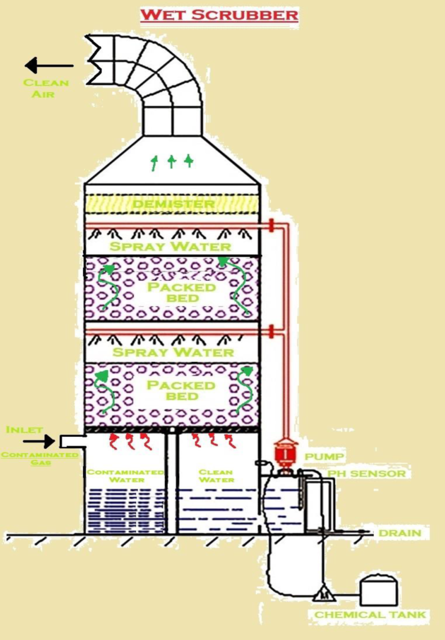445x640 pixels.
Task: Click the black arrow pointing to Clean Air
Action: click(x=49, y=65)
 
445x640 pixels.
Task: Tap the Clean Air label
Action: click(x=46, y=88)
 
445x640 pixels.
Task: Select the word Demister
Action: click(x=173, y=204)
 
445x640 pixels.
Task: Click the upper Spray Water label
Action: click(x=170, y=246)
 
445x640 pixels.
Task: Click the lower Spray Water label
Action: click(x=172, y=352)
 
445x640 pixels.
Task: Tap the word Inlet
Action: click(x=24, y=430)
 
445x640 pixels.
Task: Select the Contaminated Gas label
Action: click(x=40, y=458)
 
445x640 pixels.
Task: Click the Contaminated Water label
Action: click(x=126, y=476)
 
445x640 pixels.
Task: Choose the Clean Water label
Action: click(x=215, y=476)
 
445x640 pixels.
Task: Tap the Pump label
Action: click(x=324, y=457)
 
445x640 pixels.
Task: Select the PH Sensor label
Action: click(x=366, y=474)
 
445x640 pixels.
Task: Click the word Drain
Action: click(x=399, y=533)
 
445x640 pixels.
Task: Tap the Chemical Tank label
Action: click(x=371, y=615)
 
